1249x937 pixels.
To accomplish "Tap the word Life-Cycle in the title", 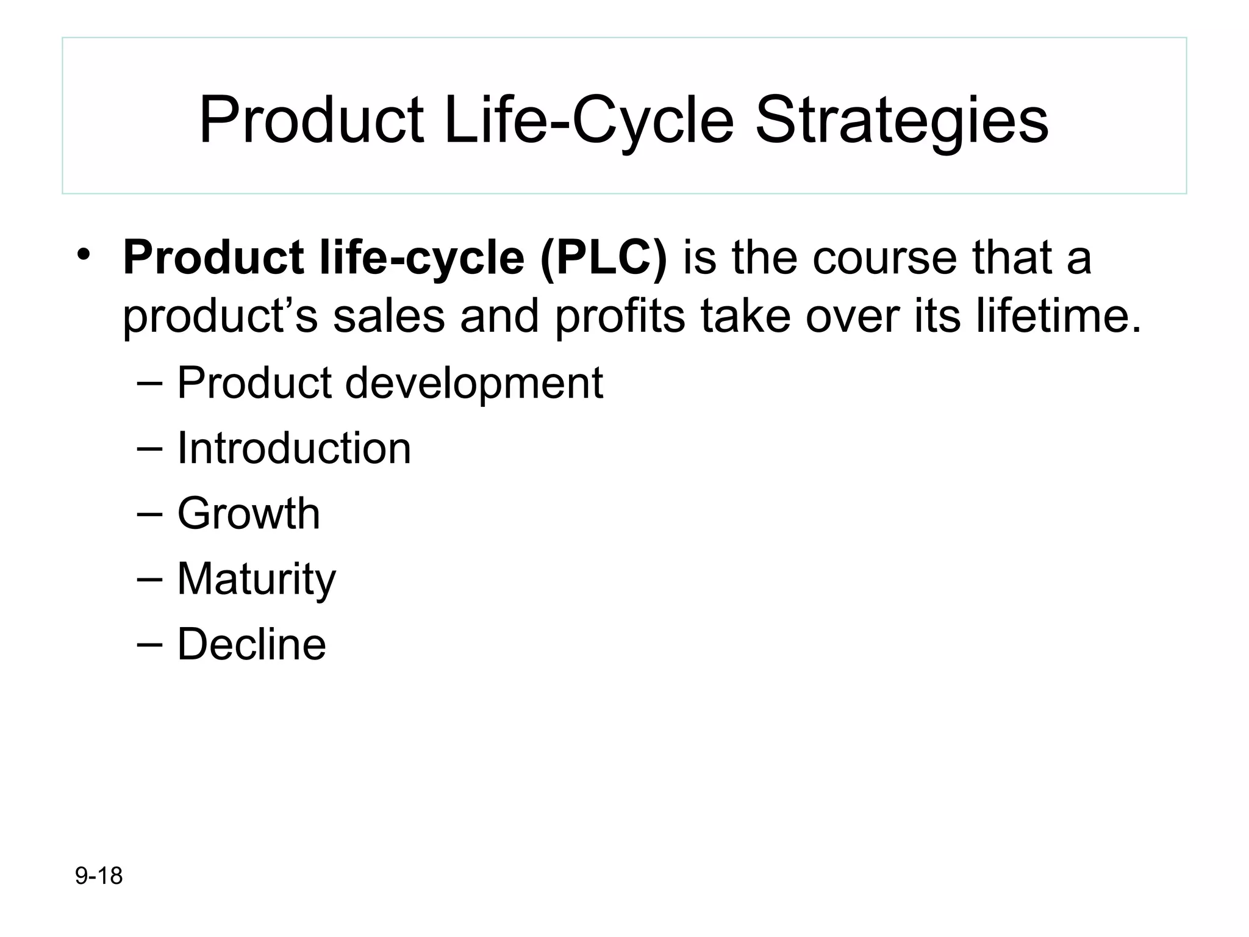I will coord(588,121).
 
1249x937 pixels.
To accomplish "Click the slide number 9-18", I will coord(99,876).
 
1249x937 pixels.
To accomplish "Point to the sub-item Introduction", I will coord(294,448).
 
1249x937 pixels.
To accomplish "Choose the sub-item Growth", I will coord(248,514).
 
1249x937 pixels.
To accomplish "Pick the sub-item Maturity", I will coord(256,579).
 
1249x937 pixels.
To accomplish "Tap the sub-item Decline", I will coord(251,644).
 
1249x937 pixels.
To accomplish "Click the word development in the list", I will coord(474,383).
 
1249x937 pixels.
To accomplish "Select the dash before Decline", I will coord(150,644).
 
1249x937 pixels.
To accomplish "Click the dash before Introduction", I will coord(150,448).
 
